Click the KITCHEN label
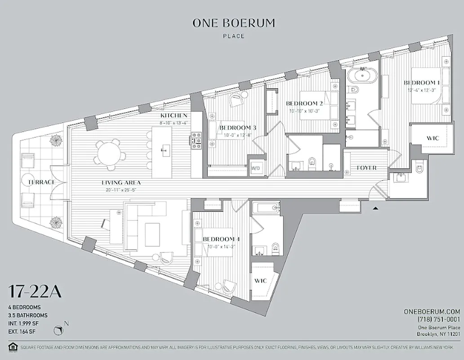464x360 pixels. [174, 116]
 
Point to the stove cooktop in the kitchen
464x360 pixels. [196, 139]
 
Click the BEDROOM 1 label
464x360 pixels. [421, 83]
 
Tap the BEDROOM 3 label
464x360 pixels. [237, 128]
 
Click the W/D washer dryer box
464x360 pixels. [256, 168]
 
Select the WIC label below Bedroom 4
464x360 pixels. [261, 281]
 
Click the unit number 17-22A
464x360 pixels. [34, 292]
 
